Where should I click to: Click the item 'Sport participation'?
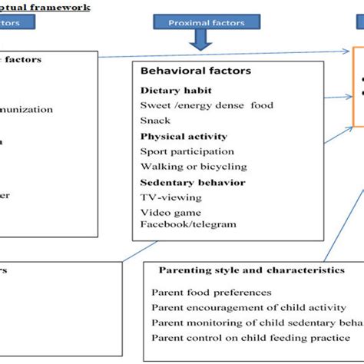187,151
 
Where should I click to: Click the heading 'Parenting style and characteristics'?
251,270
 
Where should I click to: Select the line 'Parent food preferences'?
211,292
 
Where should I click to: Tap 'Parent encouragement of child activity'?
246,307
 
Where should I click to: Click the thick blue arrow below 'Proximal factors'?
201,41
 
